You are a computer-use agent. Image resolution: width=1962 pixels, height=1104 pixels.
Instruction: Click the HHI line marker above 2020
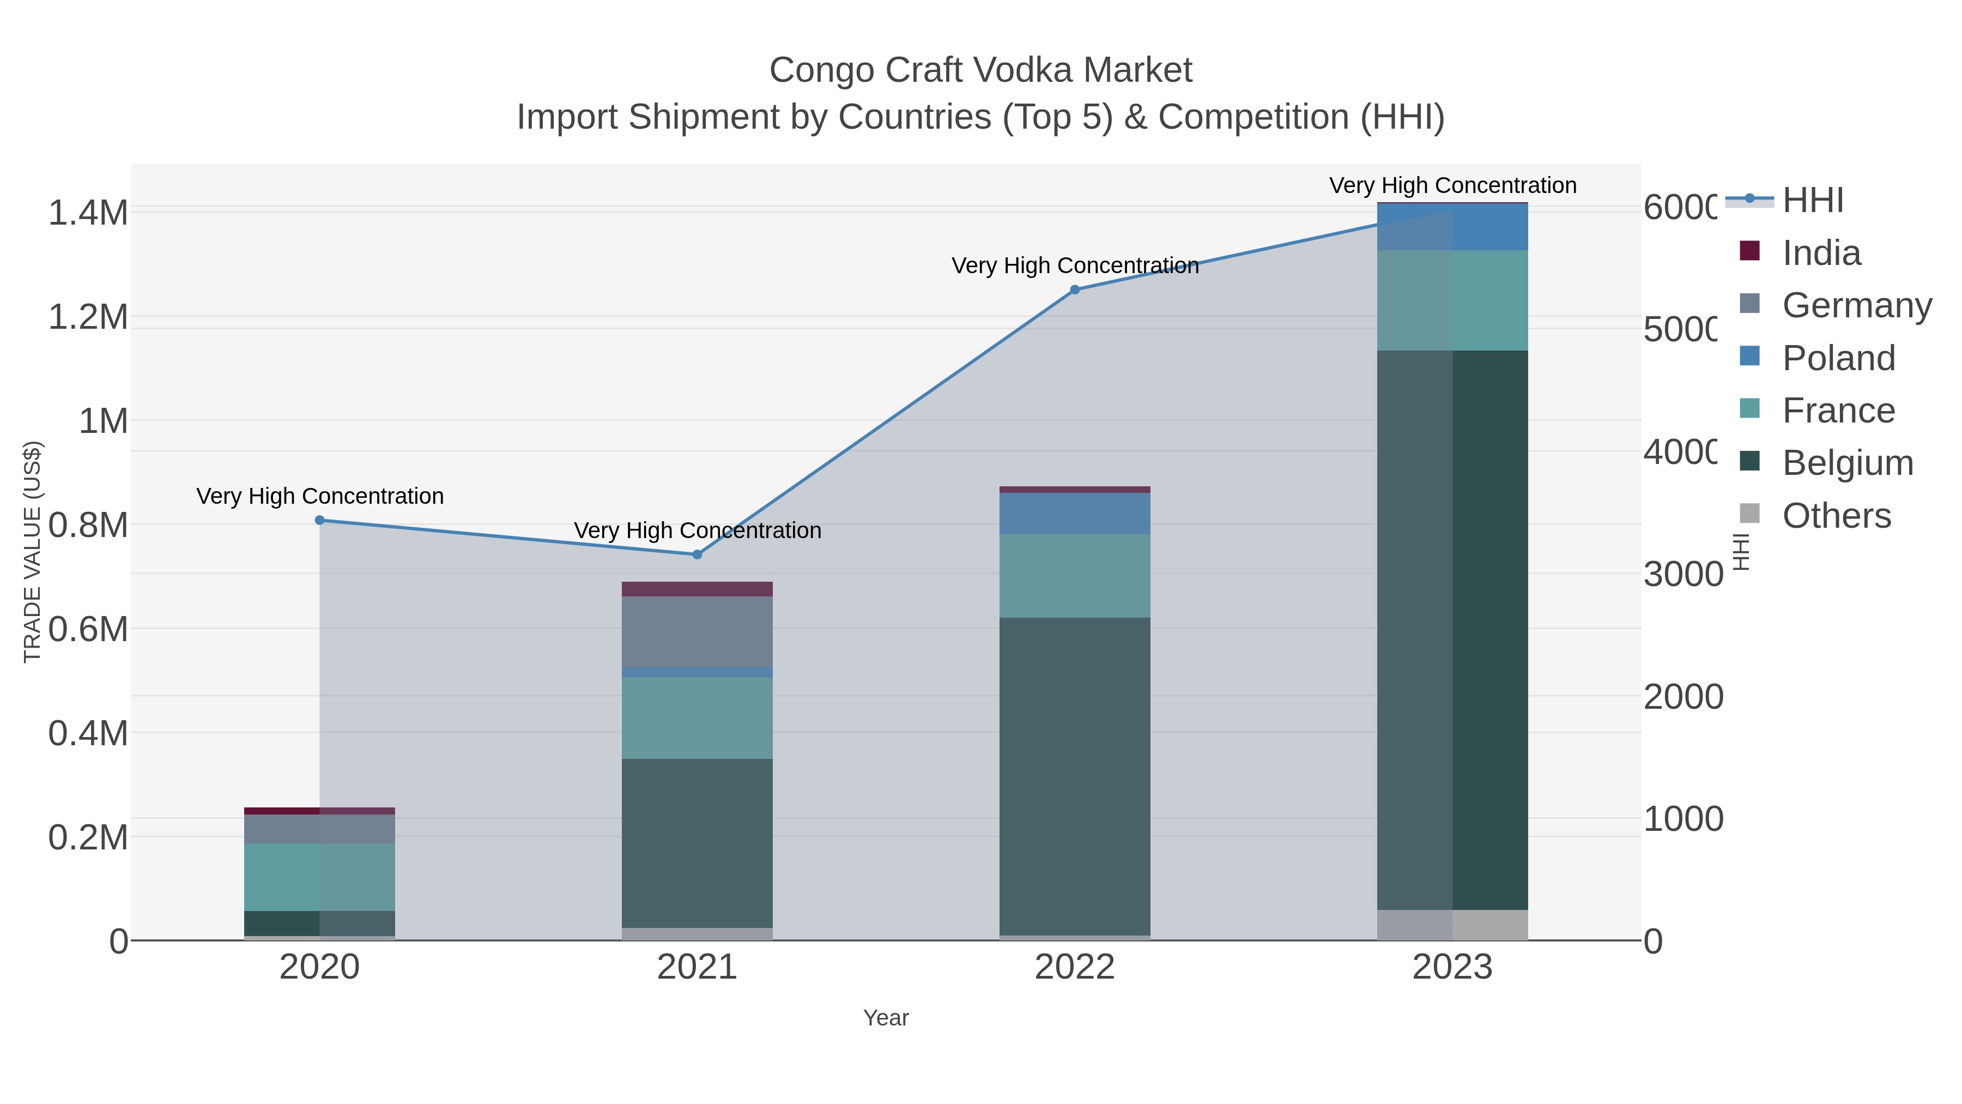click(x=320, y=521)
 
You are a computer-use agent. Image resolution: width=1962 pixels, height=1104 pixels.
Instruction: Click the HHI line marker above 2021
click(x=697, y=554)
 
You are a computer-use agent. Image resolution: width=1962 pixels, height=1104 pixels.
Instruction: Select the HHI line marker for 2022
click(x=1075, y=289)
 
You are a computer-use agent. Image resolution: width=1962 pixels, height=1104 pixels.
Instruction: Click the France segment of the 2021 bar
click(x=697, y=717)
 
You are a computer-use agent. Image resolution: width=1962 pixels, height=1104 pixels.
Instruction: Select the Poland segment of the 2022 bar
click(x=1075, y=514)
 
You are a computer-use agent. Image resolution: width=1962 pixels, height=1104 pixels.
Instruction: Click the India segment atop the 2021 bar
click(x=697, y=589)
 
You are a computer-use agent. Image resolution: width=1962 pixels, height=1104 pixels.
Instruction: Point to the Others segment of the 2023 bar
click(x=1452, y=925)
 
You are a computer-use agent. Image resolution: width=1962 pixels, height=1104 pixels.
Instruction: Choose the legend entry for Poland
click(x=1838, y=358)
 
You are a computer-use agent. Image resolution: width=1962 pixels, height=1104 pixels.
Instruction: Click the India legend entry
click(x=1820, y=253)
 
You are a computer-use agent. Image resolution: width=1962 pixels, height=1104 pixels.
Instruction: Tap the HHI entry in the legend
click(x=1812, y=201)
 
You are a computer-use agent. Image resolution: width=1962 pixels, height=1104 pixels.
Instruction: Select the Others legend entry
click(x=1836, y=516)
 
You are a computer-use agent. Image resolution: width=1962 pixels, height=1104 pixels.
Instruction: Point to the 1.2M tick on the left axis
click(x=88, y=317)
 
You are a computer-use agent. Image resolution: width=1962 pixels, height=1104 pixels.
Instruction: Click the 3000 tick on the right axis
click(x=1682, y=575)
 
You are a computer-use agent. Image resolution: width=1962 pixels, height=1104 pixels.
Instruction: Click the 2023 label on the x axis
click(x=1452, y=968)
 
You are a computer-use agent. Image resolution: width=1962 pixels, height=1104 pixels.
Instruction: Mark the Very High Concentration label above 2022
click(x=1075, y=266)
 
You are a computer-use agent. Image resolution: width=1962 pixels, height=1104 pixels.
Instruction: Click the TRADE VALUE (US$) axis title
click(x=32, y=552)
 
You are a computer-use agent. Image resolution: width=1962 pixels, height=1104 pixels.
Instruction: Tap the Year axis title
click(x=886, y=1018)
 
